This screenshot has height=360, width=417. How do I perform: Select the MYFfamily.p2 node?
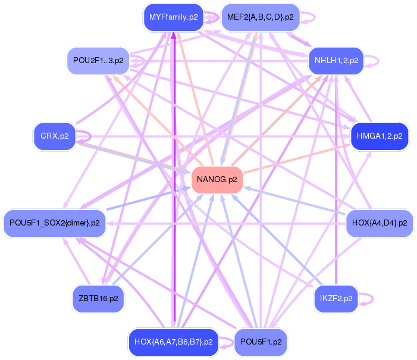tap(174, 17)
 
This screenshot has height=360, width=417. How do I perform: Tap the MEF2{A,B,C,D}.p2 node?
tap(260, 17)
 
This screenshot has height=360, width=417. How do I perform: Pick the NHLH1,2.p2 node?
tap(334, 60)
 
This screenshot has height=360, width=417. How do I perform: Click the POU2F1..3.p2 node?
tap(98, 60)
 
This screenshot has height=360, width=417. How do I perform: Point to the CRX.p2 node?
tap(55, 136)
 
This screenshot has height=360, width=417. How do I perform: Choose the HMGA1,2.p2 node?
tap(380, 136)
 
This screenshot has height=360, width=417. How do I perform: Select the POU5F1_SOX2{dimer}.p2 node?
tap(55, 223)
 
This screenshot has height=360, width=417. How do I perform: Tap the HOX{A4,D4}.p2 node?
tap(380, 223)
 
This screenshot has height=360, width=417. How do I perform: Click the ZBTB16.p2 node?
tap(98, 298)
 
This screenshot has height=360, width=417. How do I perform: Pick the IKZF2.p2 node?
tap(336, 298)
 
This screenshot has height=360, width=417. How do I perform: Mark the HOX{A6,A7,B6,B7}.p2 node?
tap(174, 342)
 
